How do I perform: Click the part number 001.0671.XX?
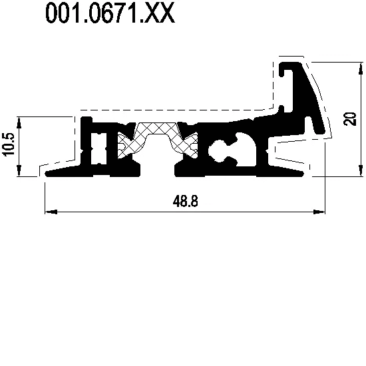coord(110,13)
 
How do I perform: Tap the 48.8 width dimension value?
coord(186,201)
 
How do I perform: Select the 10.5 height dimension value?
coord(8,144)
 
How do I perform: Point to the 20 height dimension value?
coord(349,119)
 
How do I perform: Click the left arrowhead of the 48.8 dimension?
coord(51,212)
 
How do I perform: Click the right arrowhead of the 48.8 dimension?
coord(319,212)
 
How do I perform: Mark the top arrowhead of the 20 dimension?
coord(361,69)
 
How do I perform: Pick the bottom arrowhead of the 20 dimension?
coord(361,170)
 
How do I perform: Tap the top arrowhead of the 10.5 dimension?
coord(19,122)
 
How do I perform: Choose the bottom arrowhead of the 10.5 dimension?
coord(19,170)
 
